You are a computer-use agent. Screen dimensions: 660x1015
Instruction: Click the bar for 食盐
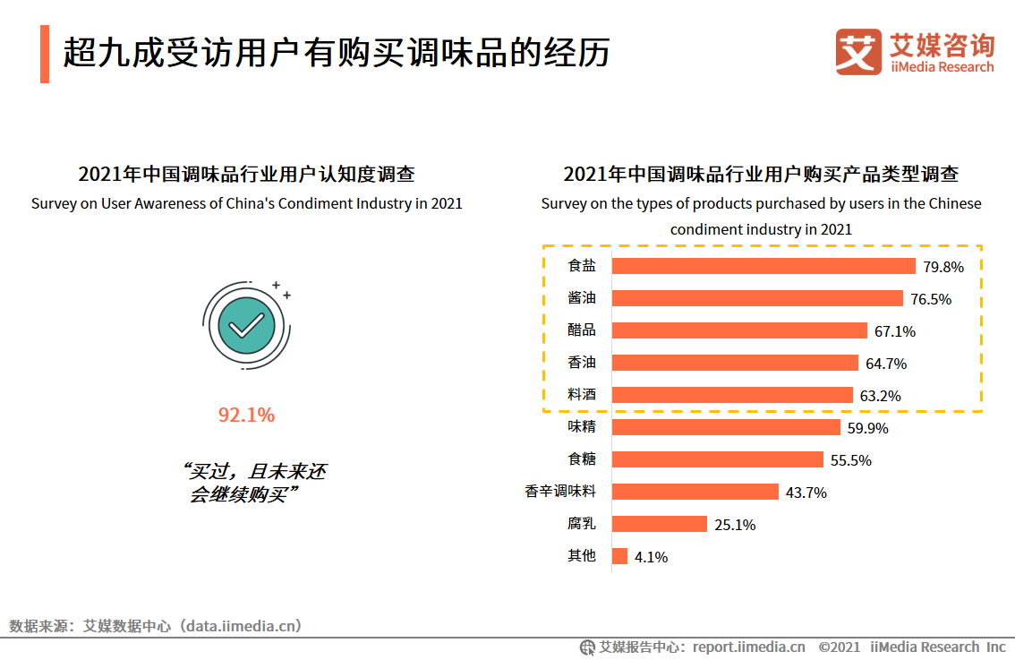(763, 266)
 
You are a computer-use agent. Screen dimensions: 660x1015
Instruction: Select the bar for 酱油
(757, 298)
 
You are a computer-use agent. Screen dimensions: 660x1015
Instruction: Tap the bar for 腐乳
(659, 524)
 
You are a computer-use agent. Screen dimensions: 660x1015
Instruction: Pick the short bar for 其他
(619, 556)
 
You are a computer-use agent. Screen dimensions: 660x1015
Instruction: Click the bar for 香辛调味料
(695, 492)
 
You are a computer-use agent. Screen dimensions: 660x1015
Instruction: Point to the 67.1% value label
(895, 331)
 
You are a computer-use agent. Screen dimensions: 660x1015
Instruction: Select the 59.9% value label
(868, 428)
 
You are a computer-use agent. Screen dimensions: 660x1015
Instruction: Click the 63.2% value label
(881, 396)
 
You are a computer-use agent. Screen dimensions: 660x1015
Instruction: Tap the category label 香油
(582, 363)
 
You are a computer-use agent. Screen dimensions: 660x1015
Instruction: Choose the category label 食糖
(582, 459)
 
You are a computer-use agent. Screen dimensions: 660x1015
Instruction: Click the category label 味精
(582, 427)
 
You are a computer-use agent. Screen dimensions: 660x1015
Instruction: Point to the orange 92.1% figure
(246, 415)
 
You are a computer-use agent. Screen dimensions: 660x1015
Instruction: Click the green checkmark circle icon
(246, 324)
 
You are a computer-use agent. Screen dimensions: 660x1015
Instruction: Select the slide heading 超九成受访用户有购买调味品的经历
(337, 53)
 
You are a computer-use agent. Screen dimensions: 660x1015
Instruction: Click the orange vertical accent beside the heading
(45, 54)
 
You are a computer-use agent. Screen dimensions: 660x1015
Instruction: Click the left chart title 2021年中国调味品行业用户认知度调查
(246, 174)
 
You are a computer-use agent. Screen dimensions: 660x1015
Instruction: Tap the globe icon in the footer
(587, 647)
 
